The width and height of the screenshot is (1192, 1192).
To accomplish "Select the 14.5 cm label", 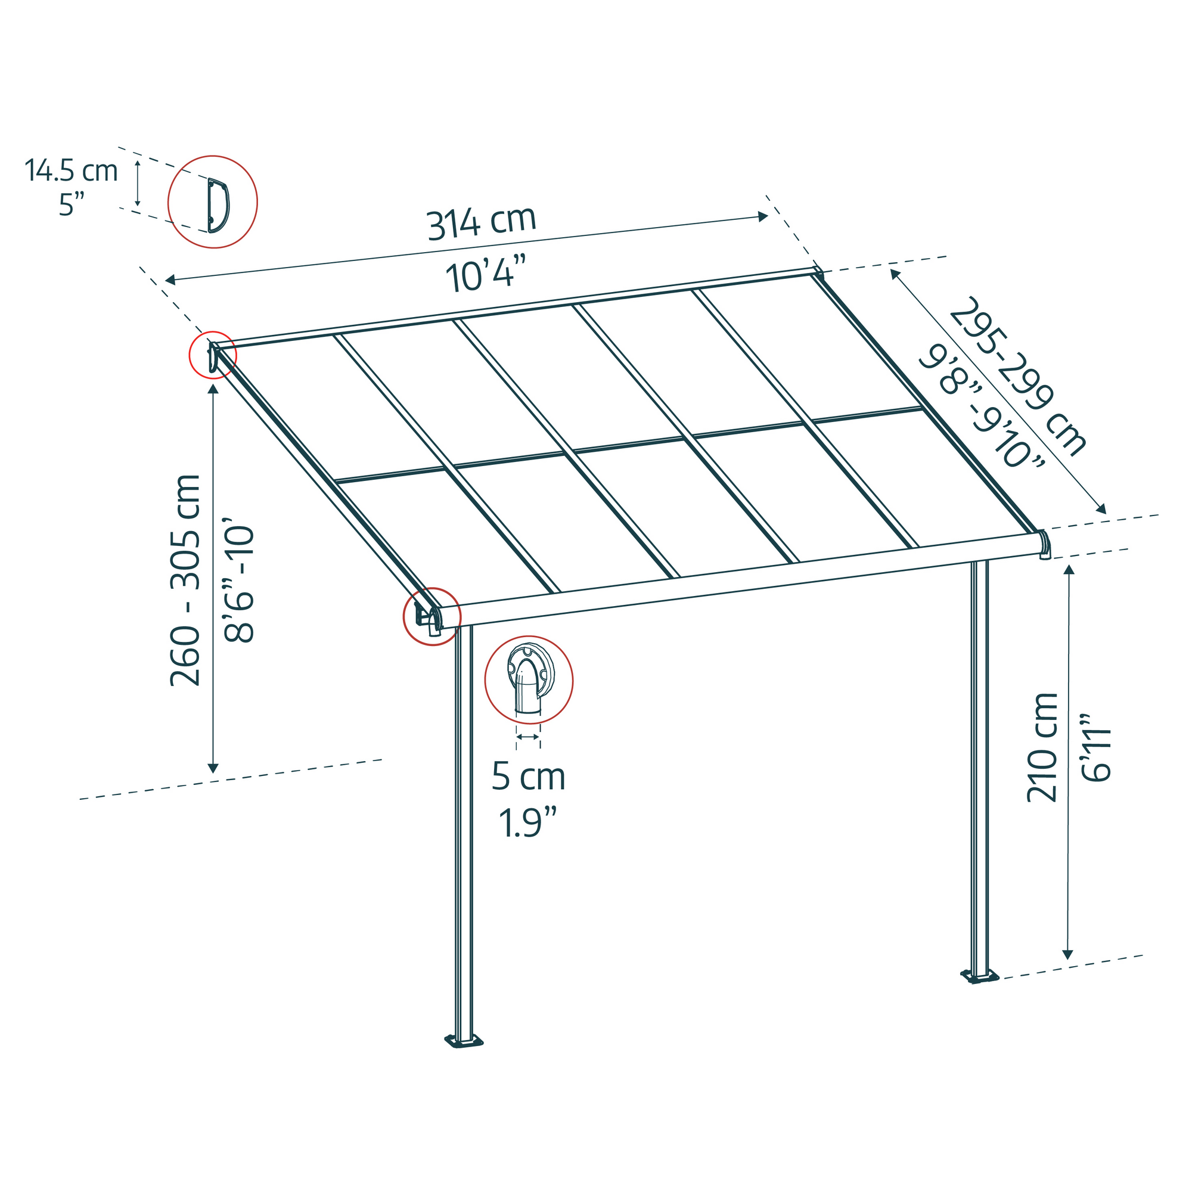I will pyautogui.click(x=71, y=170).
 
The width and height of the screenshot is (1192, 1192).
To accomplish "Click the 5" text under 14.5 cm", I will pyautogui.click(x=72, y=204).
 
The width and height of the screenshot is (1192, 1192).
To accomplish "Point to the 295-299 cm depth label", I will pyautogui.click(x=1017, y=375).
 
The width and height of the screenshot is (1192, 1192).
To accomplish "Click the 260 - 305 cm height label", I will pyautogui.click(x=185, y=580).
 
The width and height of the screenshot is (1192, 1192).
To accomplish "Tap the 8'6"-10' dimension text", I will pyautogui.click(x=239, y=583).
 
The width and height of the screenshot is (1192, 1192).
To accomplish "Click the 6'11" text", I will pyautogui.click(x=1097, y=749).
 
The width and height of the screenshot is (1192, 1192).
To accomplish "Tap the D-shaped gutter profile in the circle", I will pyautogui.click(x=218, y=206).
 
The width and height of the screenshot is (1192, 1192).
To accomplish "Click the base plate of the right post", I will pyautogui.click(x=980, y=976).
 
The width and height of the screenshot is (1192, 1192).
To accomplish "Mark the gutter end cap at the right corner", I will pyautogui.click(x=1044, y=544).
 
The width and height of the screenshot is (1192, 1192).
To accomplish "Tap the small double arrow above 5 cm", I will pyautogui.click(x=528, y=737).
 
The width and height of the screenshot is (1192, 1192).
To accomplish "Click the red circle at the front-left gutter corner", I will pyautogui.click(x=432, y=616).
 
